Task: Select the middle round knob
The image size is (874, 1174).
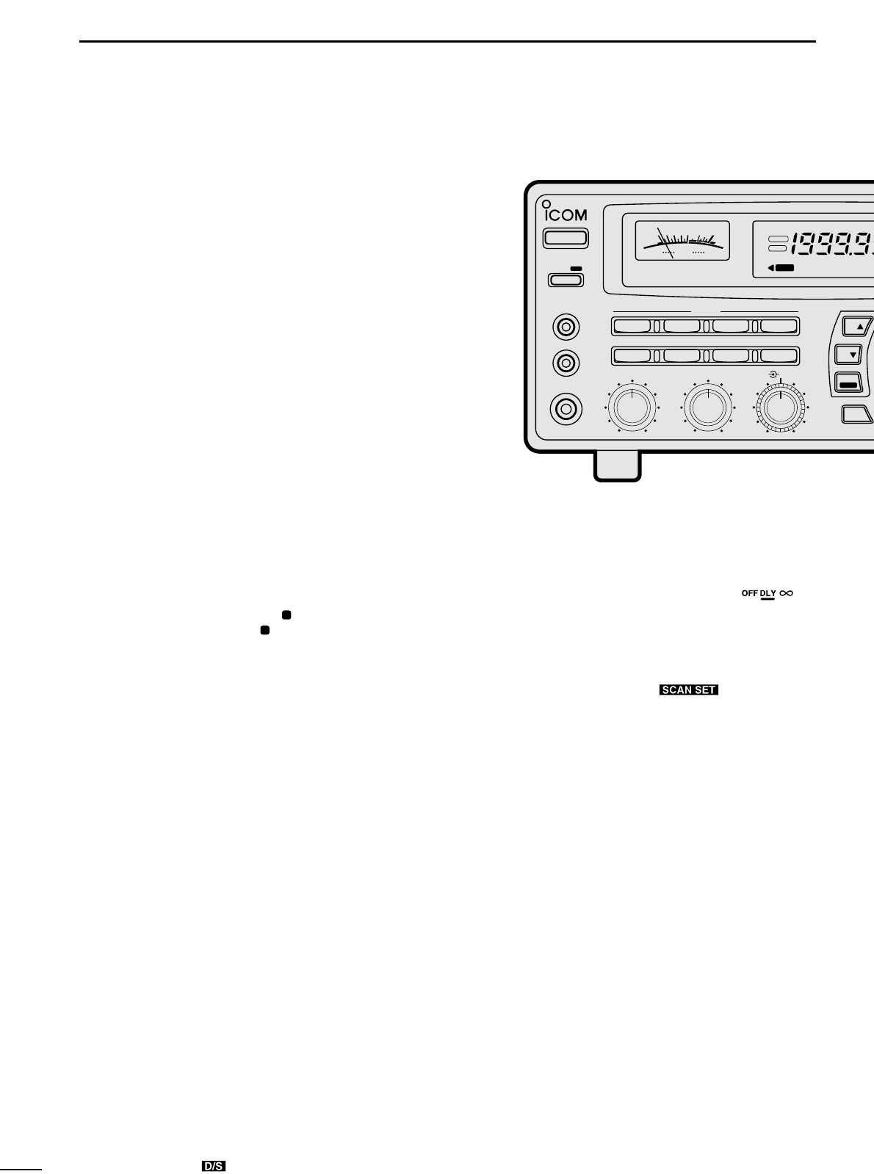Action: pyautogui.click(x=707, y=407)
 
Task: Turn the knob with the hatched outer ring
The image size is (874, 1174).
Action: pyautogui.click(x=781, y=408)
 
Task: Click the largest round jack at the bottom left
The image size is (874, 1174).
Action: pyautogui.click(x=566, y=407)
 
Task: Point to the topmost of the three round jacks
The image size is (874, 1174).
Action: pyautogui.click(x=566, y=326)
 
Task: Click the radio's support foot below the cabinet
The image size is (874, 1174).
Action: pyautogui.click(x=617, y=466)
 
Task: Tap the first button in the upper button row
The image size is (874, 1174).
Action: pyautogui.click(x=633, y=326)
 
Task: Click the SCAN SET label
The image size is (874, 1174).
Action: pyautogui.click(x=688, y=690)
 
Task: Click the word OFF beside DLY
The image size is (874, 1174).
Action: pyautogui.click(x=749, y=593)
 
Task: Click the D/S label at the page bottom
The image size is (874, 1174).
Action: pyautogui.click(x=214, y=1166)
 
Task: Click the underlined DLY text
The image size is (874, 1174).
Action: pyautogui.click(x=768, y=593)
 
